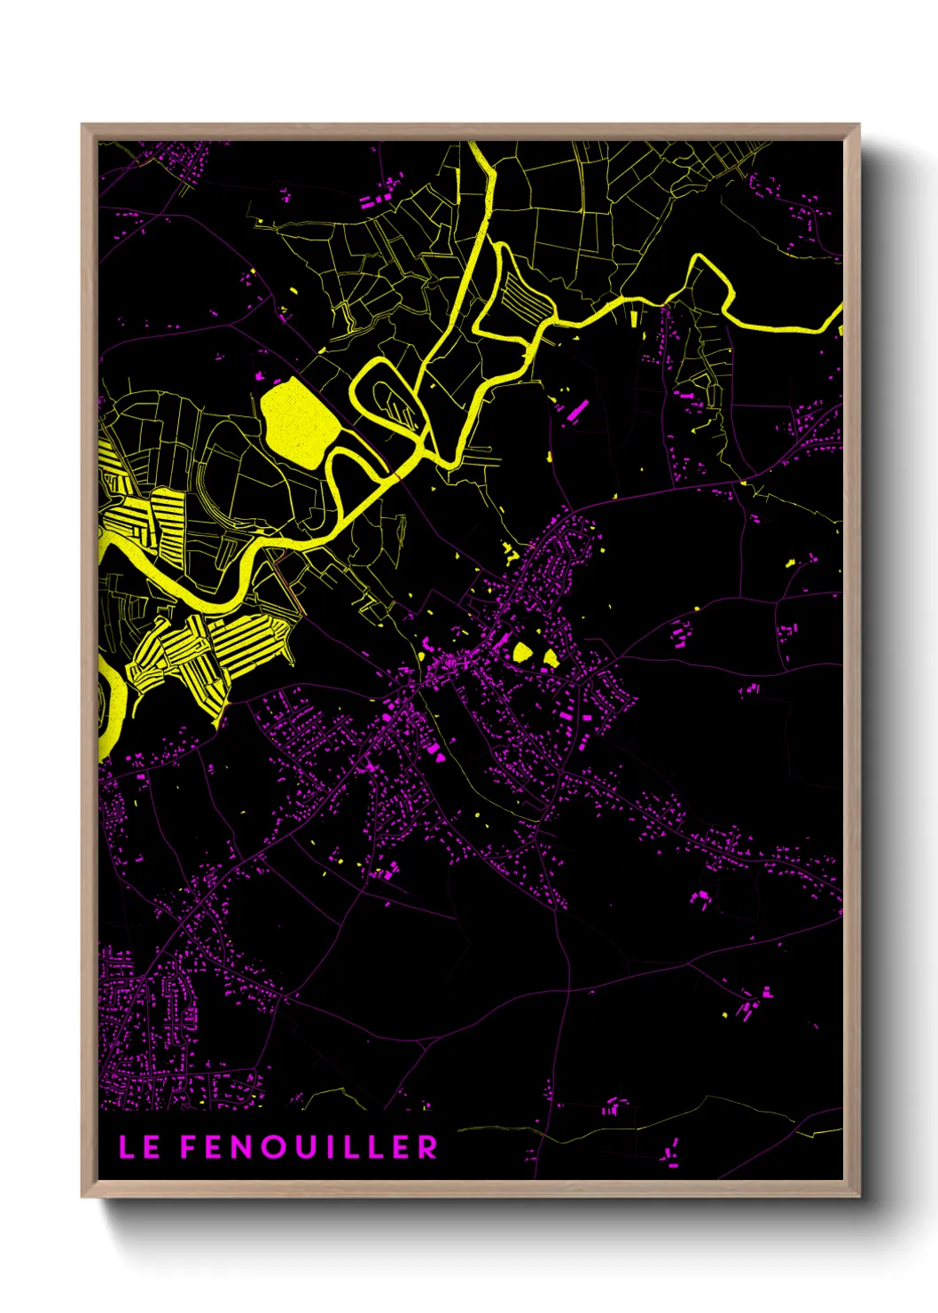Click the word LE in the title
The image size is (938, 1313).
click(139, 1147)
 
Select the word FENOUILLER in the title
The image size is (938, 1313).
click(309, 1147)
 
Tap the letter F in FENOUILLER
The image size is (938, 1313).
click(189, 1147)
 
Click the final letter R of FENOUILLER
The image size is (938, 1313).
click(428, 1147)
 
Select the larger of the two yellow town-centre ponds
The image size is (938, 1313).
click(522, 652)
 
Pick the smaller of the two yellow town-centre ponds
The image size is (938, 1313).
click(551, 657)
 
